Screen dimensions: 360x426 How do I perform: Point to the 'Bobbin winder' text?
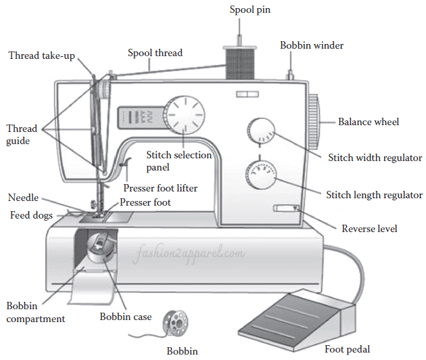click(x=312, y=45)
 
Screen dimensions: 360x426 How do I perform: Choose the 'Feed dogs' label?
click(x=32, y=215)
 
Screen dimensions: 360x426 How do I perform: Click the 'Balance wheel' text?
click(x=369, y=122)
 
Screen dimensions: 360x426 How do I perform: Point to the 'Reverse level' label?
click(x=369, y=228)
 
